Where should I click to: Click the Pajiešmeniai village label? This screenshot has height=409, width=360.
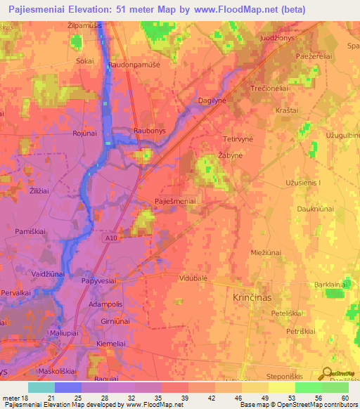pos(176,201)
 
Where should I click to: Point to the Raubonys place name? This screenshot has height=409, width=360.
pos(149,131)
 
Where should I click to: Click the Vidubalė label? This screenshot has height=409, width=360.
pos(193,278)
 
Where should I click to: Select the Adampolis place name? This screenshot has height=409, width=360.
pos(106,304)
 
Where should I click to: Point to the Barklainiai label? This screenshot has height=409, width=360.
pos(333,284)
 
